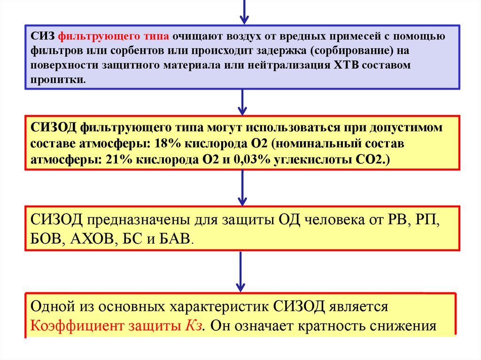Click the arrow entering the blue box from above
[244, 12]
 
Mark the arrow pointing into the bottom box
[241, 272]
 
